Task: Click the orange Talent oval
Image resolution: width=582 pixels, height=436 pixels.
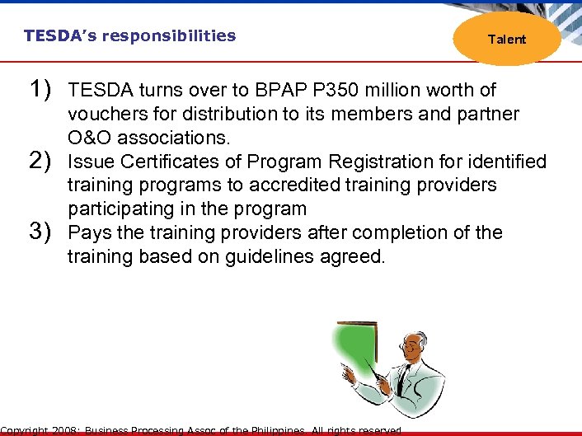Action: tap(506, 38)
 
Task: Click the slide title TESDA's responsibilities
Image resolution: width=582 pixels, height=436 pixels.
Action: tap(129, 35)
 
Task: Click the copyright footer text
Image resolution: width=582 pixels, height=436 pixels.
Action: tap(202, 430)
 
